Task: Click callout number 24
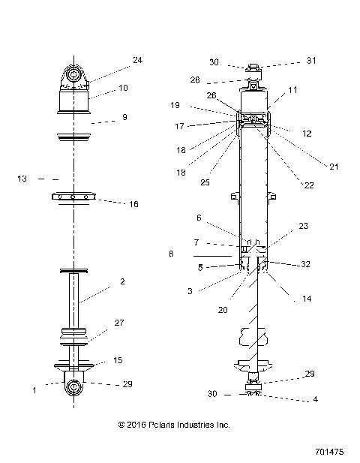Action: pyautogui.click(x=137, y=60)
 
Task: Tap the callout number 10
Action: pyautogui.click(x=123, y=88)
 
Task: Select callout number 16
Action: pyautogui.click(x=134, y=203)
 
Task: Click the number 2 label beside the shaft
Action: pyautogui.click(x=121, y=283)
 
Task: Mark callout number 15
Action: pyautogui.click(x=117, y=361)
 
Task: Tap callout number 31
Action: pyautogui.click(x=312, y=62)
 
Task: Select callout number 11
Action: pyautogui.click(x=292, y=90)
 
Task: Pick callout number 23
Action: pyautogui.click(x=302, y=225)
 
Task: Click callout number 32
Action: pyautogui.click(x=305, y=264)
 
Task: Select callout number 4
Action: pyautogui.click(x=316, y=399)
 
